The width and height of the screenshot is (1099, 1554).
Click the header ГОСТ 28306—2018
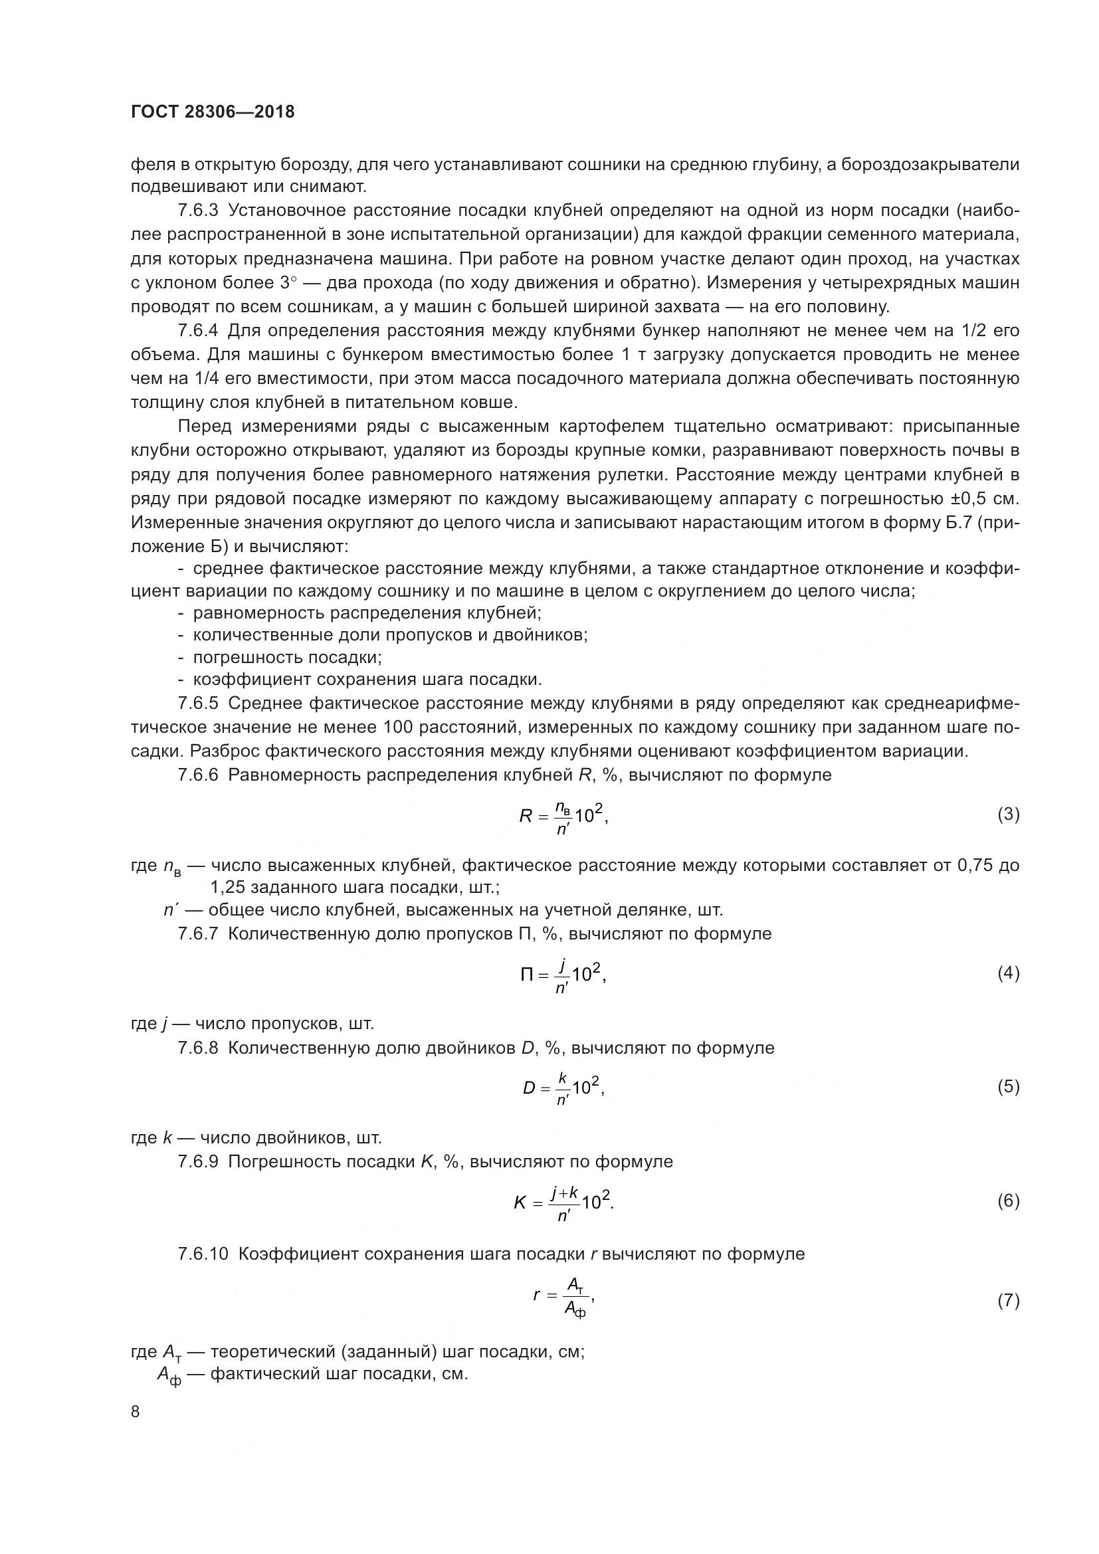coord(213,112)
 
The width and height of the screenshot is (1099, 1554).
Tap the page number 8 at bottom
coord(136,1412)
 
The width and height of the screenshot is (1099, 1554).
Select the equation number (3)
coord(1009,815)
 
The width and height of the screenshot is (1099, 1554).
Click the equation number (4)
coord(1009,973)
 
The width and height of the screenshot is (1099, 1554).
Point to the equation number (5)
coord(1009,1087)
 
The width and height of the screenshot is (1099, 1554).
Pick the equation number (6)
coord(1009,1201)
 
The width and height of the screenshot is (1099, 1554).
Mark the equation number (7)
coord(1009,1300)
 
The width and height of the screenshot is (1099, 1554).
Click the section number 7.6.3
coord(197,211)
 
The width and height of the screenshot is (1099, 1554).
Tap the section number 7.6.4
coord(197,330)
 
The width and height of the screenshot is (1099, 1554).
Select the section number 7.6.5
coord(197,703)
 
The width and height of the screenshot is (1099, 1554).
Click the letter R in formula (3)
coord(526,817)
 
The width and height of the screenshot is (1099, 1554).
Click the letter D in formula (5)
coord(528,1088)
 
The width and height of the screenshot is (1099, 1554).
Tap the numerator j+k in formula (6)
coord(563,1193)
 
